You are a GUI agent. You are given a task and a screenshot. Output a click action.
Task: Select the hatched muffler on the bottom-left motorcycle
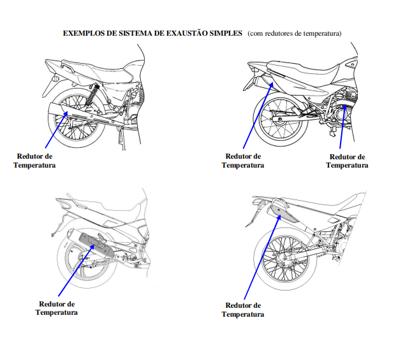pos(93,246)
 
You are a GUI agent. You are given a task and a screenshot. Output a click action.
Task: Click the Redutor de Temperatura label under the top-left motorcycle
pos(35,161)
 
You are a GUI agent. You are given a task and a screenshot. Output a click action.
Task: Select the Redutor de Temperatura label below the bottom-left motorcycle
pos(57,308)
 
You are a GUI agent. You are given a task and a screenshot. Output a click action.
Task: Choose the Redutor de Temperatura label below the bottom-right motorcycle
pos(243,310)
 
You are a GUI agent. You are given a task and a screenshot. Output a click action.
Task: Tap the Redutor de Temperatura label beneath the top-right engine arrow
pos(347,161)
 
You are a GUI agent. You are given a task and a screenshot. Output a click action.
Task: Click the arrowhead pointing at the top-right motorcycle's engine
pos(344,108)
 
